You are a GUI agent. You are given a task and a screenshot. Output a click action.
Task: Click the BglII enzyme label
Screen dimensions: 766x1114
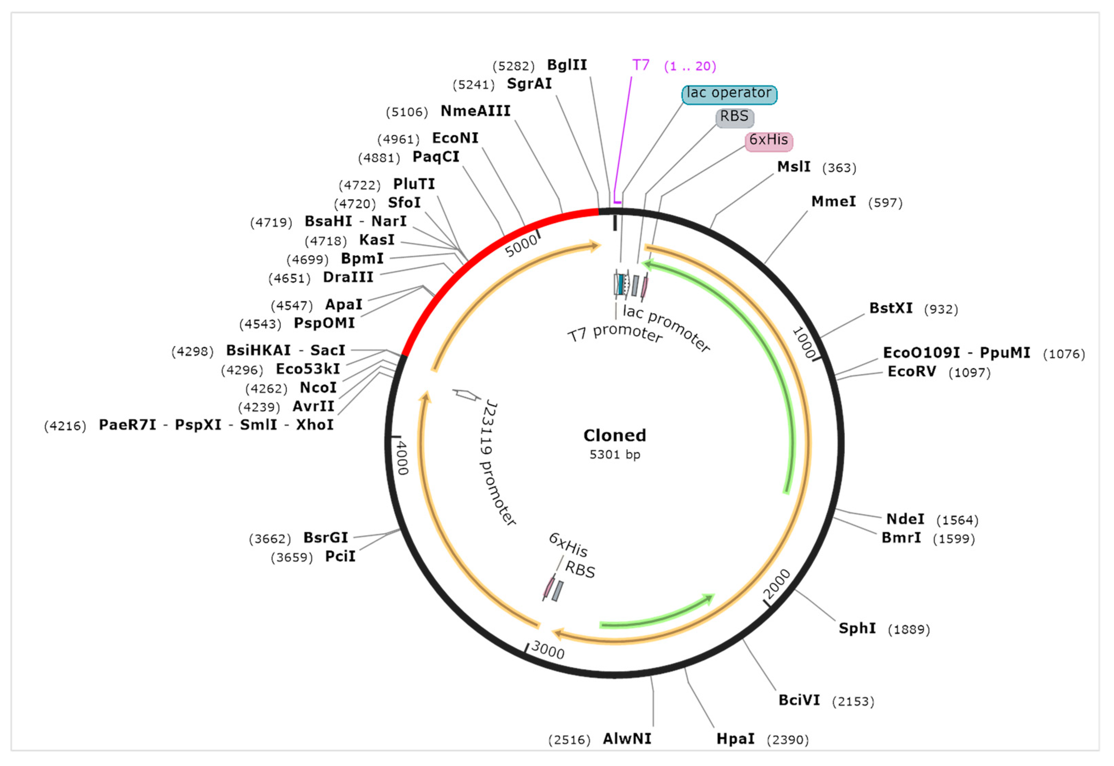tap(567, 65)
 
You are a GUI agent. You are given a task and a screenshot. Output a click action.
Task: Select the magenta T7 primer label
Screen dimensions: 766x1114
tap(640, 65)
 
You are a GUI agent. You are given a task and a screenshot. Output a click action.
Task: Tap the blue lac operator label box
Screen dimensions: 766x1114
tap(729, 93)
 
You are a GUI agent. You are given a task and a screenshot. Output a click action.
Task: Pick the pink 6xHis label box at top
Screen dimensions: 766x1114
tap(768, 140)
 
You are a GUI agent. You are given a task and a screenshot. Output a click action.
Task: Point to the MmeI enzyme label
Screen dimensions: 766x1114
tap(833, 201)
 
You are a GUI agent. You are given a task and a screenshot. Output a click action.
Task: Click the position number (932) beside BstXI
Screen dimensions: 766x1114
tap(941, 309)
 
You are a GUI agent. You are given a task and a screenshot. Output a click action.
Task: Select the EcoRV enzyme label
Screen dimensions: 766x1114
tap(912, 372)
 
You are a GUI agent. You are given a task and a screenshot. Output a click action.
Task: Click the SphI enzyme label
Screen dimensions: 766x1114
tap(857, 629)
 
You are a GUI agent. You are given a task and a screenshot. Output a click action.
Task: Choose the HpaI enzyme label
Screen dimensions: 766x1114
tap(735, 739)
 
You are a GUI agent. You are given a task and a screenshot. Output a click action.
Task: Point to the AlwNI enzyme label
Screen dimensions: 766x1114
tap(627, 739)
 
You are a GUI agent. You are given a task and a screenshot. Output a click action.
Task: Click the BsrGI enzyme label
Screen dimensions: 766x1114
tap(326, 538)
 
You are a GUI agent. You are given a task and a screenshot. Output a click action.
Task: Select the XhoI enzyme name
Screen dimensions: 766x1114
tap(315, 425)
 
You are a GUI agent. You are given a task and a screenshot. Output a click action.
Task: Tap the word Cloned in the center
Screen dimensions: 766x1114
tap(615, 436)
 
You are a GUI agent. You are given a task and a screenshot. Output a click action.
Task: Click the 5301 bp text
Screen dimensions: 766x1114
tap(615, 455)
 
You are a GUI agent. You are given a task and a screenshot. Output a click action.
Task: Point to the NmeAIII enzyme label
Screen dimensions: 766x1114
tap(476, 111)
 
